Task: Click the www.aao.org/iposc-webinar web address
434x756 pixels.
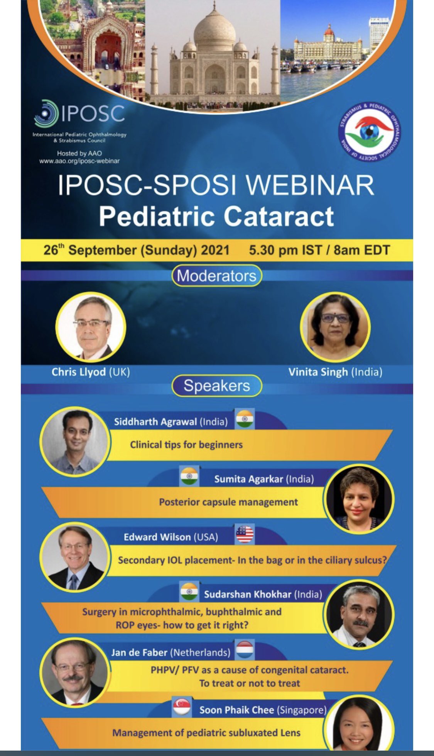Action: (79, 161)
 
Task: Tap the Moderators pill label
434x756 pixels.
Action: (216, 276)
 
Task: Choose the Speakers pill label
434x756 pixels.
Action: (216, 386)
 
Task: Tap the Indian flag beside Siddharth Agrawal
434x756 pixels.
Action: (245, 419)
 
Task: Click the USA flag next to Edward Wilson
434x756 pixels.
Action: (245, 535)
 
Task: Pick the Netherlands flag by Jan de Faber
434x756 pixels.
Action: (245, 650)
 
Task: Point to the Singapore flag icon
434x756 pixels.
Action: (182, 707)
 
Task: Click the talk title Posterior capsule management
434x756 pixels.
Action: (228, 502)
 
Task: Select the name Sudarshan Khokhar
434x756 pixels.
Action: (248, 594)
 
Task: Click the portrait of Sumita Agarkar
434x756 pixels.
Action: (360, 499)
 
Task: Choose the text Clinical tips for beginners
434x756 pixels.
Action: (186, 445)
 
